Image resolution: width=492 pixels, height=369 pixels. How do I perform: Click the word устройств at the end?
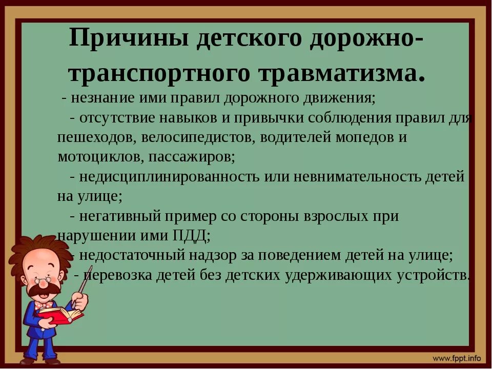pyautogui.click(x=433, y=275)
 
